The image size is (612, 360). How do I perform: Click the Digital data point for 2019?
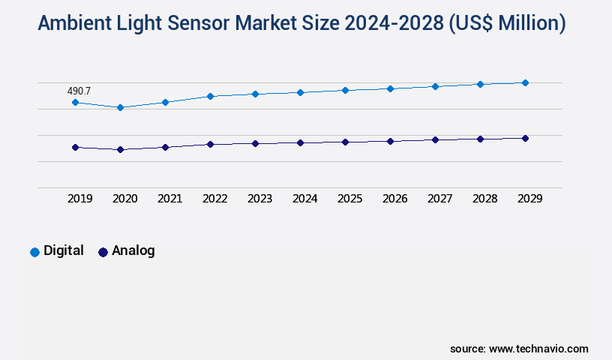click(75, 102)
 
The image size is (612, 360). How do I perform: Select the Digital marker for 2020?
click(120, 107)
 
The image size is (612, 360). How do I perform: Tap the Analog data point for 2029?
click(525, 138)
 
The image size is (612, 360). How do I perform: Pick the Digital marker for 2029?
click(525, 82)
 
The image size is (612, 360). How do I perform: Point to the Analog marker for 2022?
click(210, 144)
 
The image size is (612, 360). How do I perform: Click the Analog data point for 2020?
click(120, 149)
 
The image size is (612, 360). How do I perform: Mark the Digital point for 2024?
click(300, 92)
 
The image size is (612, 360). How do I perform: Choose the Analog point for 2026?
click(390, 141)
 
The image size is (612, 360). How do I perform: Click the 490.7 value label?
click(79, 91)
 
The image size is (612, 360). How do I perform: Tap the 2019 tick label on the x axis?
click(80, 199)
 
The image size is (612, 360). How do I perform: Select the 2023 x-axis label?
click(260, 199)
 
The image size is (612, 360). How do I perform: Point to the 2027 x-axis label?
click(440, 199)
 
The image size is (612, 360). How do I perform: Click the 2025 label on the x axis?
click(350, 199)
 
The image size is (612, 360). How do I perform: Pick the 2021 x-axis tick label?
click(170, 199)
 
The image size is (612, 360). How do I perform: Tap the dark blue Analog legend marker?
click(103, 252)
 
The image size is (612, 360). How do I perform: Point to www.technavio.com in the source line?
click(538, 349)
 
